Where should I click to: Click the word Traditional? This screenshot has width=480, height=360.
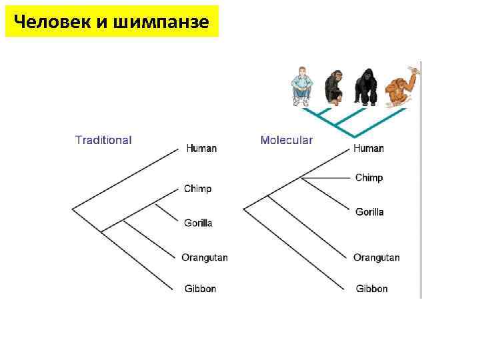(103, 140)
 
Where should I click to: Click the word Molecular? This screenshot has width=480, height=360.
(287, 140)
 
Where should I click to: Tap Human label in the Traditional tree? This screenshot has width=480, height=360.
(201, 148)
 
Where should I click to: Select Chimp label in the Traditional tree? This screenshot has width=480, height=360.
(198, 189)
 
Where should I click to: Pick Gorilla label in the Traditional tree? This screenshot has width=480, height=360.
(199, 223)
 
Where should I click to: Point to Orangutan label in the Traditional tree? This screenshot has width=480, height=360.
(205, 257)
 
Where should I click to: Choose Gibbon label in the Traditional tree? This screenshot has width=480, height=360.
(201, 289)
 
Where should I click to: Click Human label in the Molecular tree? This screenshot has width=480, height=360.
(369, 148)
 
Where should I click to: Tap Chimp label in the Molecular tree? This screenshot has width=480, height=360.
(369, 178)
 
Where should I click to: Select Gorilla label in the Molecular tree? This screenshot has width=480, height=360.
(370, 212)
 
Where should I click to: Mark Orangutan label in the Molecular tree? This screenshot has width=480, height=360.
(377, 257)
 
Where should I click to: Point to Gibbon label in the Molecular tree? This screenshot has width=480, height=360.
(372, 289)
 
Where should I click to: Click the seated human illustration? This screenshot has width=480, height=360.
(302, 87)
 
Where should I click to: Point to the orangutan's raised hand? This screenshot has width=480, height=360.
(416, 69)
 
